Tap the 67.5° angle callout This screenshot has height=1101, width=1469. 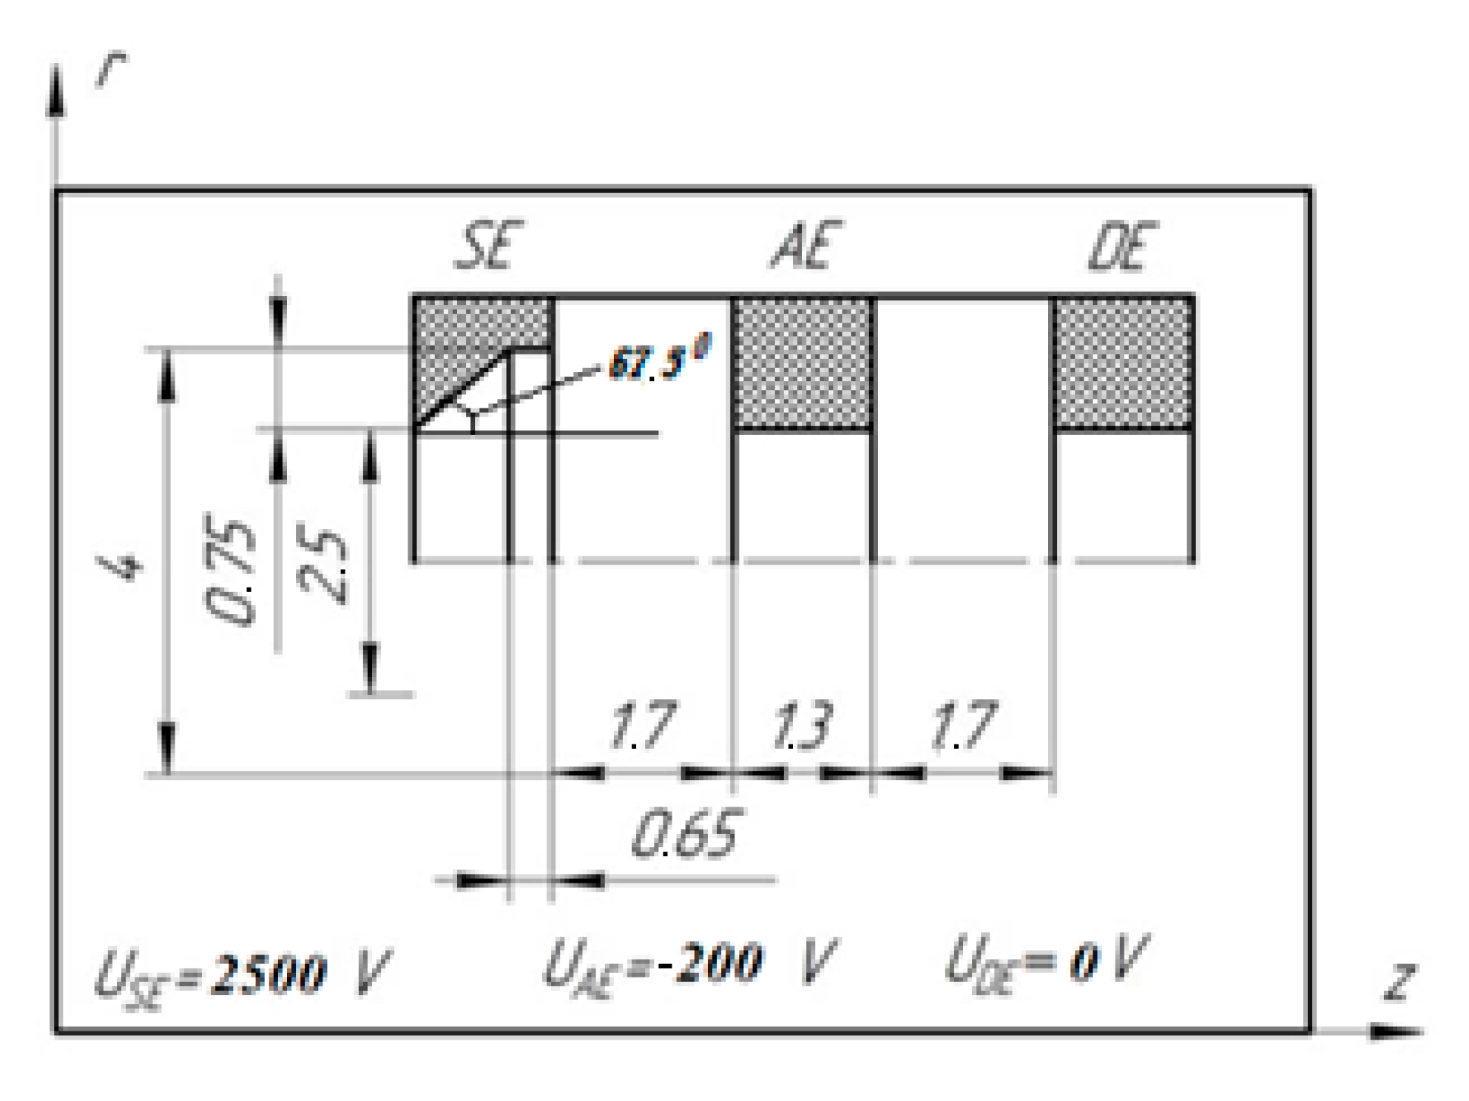point(658,360)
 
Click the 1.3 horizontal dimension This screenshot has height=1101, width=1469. point(802,726)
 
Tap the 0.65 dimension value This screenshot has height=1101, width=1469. point(685,835)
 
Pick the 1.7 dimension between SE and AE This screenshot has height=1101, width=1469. point(641,726)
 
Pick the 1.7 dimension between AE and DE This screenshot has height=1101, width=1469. point(963,726)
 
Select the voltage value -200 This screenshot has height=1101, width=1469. point(709,963)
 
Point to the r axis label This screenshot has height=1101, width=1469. point(111,69)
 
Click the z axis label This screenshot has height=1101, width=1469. point(1400,983)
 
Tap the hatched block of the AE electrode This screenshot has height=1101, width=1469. point(803,363)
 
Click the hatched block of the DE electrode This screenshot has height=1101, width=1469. point(1122,363)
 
